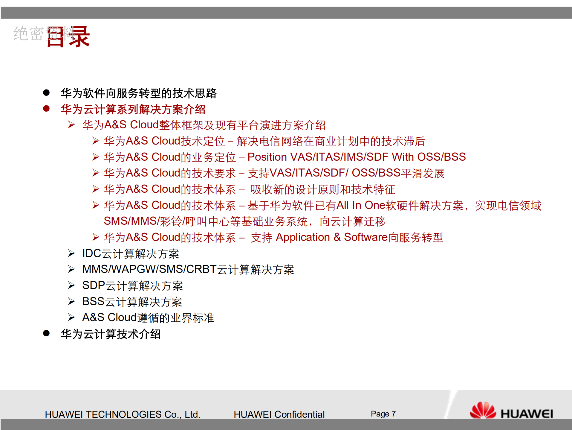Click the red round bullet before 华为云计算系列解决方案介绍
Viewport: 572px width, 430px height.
click(46, 109)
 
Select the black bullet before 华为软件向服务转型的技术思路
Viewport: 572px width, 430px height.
click(46, 92)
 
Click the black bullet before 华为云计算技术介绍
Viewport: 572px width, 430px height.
click(46, 333)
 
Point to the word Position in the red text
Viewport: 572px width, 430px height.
click(267, 157)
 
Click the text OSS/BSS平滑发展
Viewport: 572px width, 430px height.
click(398, 173)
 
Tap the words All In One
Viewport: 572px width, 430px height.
click(361, 205)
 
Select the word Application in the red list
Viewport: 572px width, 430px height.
click(302, 237)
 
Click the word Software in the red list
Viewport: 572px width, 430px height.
click(365, 237)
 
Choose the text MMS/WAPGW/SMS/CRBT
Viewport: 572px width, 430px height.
click(149, 269)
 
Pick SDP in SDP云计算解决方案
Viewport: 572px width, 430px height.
click(94, 285)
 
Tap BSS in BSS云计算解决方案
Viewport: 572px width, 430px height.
click(93, 302)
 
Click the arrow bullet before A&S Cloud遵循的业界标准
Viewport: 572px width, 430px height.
click(71, 317)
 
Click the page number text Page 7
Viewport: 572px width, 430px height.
click(383, 414)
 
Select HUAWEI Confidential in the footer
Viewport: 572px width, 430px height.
click(279, 414)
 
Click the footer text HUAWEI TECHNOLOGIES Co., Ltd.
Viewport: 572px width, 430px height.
click(122, 414)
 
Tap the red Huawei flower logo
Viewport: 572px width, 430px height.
click(482, 410)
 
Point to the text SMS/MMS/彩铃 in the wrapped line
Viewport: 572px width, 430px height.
click(143, 221)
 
